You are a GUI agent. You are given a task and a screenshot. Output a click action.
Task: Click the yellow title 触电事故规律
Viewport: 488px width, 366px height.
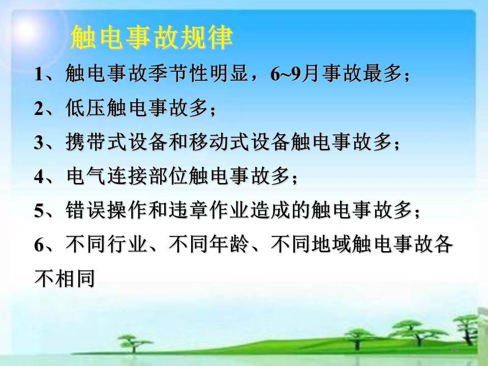(151, 37)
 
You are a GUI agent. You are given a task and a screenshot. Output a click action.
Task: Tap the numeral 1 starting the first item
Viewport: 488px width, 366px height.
(39, 74)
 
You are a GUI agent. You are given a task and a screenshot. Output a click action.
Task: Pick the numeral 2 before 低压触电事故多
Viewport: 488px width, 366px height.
(39, 109)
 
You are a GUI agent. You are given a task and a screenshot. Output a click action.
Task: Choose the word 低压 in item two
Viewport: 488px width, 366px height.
(85, 108)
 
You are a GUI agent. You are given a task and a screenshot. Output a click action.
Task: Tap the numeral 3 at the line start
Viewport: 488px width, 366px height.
(39, 143)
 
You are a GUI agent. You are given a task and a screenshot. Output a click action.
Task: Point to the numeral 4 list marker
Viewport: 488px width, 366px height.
(39, 176)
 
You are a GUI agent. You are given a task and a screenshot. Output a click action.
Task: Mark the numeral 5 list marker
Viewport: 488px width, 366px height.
(39, 210)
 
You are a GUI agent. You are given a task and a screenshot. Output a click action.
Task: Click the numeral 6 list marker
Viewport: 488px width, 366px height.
(39, 245)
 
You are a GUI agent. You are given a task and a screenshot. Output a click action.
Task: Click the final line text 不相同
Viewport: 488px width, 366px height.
(65, 278)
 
